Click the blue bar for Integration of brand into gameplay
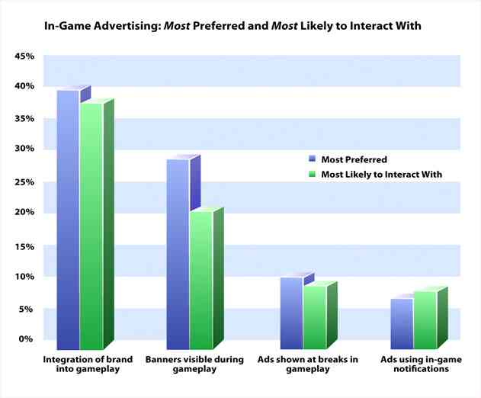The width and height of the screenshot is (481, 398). [x=67, y=221]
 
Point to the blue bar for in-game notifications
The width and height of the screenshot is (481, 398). [x=401, y=324]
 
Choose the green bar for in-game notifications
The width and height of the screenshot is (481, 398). [x=425, y=320]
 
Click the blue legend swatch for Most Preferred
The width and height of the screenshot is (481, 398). [x=313, y=160]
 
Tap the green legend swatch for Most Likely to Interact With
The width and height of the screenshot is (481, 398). [x=313, y=175]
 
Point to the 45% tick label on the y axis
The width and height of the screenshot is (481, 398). [x=25, y=57]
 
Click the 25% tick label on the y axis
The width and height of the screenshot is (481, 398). [x=25, y=183]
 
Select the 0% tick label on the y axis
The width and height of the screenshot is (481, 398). [x=28, y=339]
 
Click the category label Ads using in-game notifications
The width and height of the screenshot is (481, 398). [x=415, y=364]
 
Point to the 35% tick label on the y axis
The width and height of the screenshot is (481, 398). [x=25, y=120]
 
